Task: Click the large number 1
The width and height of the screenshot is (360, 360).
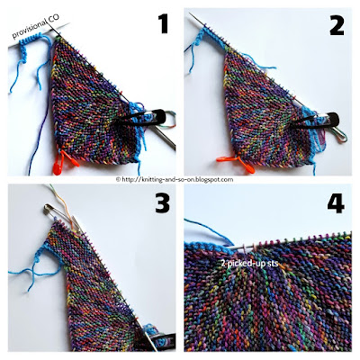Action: pyautogui.click(x=164, y=23)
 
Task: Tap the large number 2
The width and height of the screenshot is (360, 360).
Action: pyautogui.click(x=337, y=25)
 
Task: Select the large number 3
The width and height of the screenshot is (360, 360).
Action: pyautogui.click(x=162, y=202)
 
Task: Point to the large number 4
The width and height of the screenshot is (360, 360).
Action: pyautogui.click(x=336, y=200)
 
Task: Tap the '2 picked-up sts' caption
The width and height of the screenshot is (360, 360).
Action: pyautogui.click(x=249, y=264)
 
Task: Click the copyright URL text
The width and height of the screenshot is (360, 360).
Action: pyautogui.click(x=175, y=179)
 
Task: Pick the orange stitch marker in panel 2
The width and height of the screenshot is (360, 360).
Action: pyautogui.click(x=237, y=164)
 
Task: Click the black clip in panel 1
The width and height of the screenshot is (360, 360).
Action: pyautogui.click(x=144, y=119)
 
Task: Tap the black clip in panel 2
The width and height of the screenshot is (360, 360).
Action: pyautogui.click(x=315, y=121)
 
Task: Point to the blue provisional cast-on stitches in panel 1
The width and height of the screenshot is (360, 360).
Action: pyautogui.click(x=31, y=40)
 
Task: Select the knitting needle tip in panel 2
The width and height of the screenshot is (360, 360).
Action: pyautogui.click(x=190, y=14)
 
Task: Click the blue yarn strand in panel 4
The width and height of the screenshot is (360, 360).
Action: pyautogui.click(x=210, y=232)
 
